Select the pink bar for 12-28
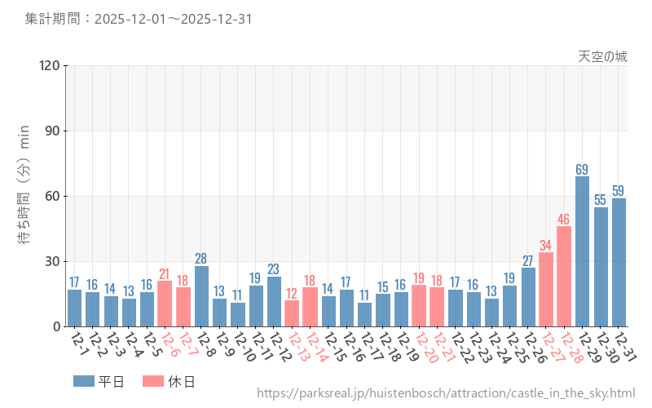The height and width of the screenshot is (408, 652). coord(564,277)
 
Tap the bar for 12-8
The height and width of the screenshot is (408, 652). coord(201,296)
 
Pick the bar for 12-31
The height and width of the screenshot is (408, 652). coord(619,262)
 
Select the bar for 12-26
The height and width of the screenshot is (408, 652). coord(527,297)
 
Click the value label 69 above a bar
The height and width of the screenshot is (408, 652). coord(582,170)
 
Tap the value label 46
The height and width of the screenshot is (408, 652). coord(564,220)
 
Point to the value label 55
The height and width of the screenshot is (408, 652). coord(601,200)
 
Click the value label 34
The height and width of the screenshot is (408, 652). coord(546,246)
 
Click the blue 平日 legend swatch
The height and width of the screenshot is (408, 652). coord(84,381)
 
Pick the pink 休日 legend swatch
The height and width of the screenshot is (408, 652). coord(152,381)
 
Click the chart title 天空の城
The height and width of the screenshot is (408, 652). coord(602,56)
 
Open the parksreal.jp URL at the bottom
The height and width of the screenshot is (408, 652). coord(446,393)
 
